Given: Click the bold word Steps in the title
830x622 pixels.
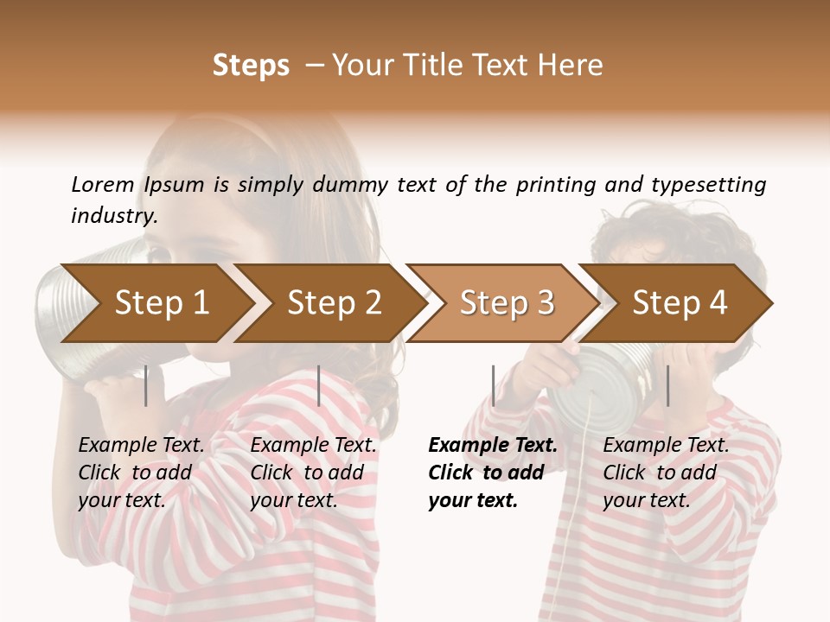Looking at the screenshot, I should point(251,66).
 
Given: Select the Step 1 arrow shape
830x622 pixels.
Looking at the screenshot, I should point(156,302).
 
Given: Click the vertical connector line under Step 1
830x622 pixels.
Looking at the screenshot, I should point(146,385).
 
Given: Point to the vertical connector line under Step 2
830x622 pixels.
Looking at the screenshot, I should point(319,385).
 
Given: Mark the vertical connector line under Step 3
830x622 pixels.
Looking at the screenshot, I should point(494,385).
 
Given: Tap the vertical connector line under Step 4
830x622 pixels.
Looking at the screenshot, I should point(668,385).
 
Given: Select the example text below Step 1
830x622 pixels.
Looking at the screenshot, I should point(141,473).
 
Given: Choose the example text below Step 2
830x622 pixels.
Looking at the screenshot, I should point(313,473).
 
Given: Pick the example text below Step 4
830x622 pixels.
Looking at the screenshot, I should point(666,473).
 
